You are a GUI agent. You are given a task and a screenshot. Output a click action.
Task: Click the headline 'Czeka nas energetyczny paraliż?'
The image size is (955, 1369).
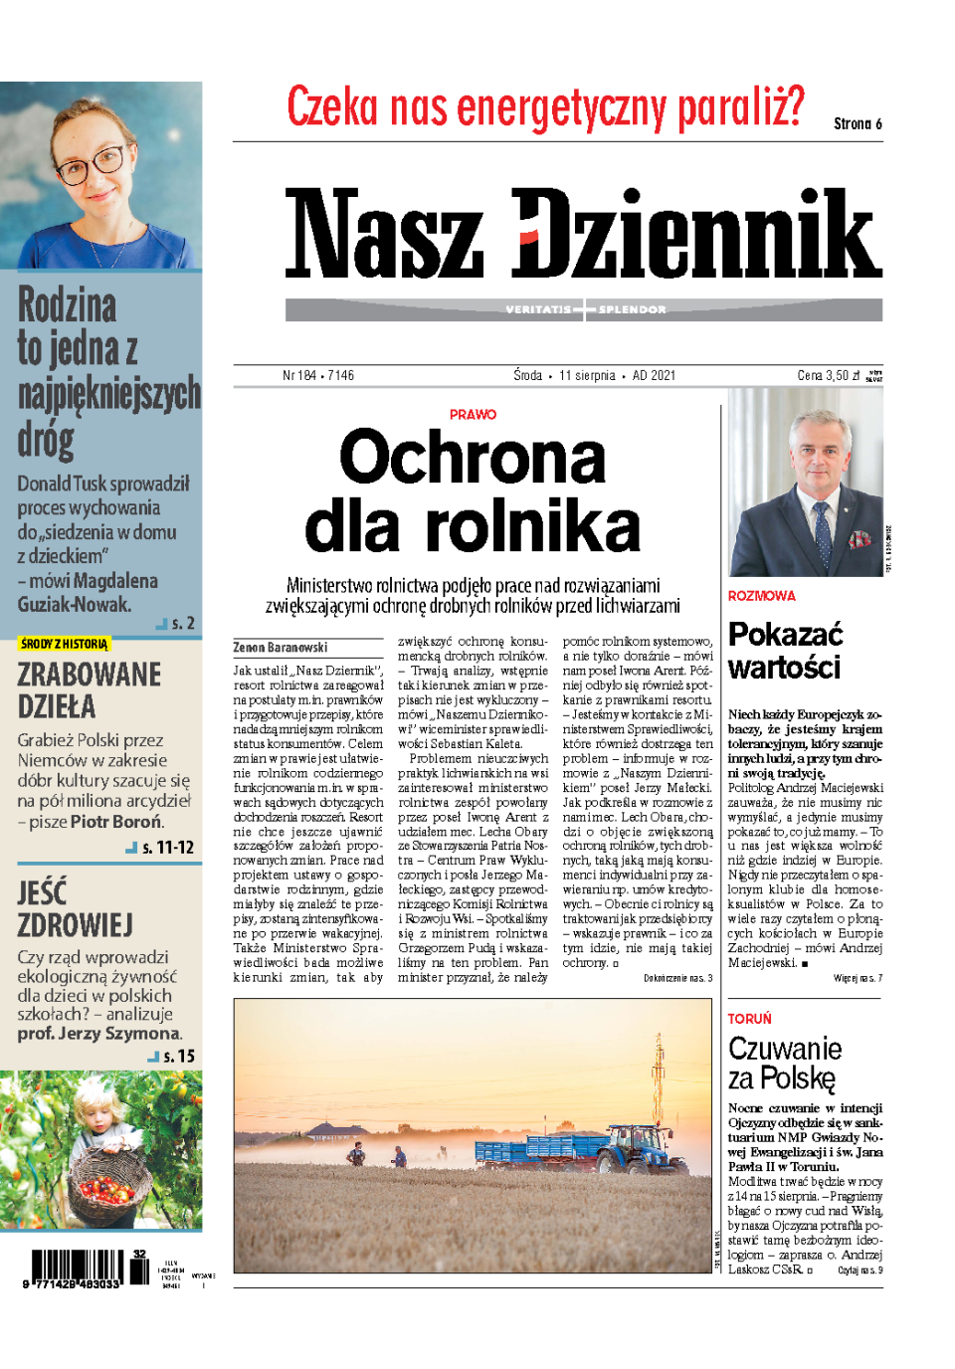point(545,107)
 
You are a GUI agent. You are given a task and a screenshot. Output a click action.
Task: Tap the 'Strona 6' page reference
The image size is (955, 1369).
point(858,123)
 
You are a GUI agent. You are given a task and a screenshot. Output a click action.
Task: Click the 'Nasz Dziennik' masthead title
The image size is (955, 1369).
point(583,234)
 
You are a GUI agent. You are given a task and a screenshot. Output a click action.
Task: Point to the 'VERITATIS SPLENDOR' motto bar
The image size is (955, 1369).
point(584,309)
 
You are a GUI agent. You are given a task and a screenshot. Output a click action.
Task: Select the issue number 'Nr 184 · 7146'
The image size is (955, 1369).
point(318,375)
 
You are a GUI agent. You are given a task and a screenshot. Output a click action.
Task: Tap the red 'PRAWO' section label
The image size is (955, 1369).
point(473,415)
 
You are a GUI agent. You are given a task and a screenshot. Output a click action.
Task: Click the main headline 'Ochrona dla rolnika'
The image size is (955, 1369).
point(473,490)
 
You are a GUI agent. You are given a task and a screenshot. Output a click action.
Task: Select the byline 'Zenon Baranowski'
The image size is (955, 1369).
point(281,647)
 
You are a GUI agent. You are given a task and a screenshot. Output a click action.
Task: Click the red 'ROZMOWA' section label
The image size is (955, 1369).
point(762,596)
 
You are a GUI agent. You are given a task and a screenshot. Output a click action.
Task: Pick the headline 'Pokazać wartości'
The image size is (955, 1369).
point(785,651)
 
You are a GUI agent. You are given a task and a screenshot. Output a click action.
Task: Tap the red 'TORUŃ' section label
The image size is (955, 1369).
point(750,1019)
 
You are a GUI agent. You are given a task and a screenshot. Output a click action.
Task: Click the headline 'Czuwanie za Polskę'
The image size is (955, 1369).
point(785,1063)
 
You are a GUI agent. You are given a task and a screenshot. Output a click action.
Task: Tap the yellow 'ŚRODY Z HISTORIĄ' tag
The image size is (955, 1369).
point(64,644)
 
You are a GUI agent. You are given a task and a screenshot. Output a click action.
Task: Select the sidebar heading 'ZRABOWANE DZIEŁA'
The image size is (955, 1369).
point(89,689)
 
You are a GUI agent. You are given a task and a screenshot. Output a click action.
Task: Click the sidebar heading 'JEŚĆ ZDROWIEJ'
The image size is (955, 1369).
point(75,907)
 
